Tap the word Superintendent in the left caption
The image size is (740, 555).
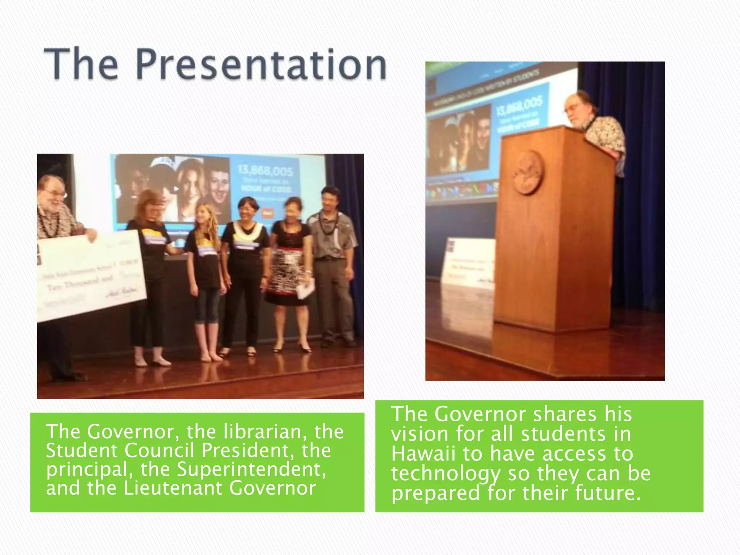[251, 469]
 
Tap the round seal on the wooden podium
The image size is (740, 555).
[529, 172]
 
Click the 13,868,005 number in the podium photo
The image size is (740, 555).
[519, 107]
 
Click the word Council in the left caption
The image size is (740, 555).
[160, 450]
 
